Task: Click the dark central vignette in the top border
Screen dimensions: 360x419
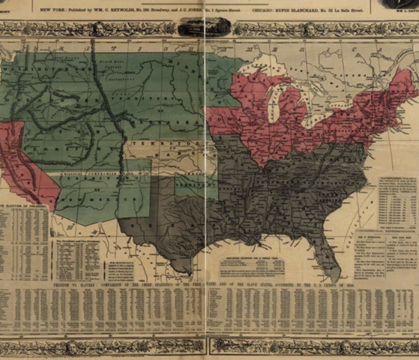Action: pos(204,27)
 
